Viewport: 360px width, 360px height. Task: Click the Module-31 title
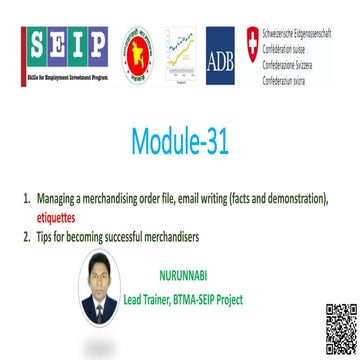point(180,143)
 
